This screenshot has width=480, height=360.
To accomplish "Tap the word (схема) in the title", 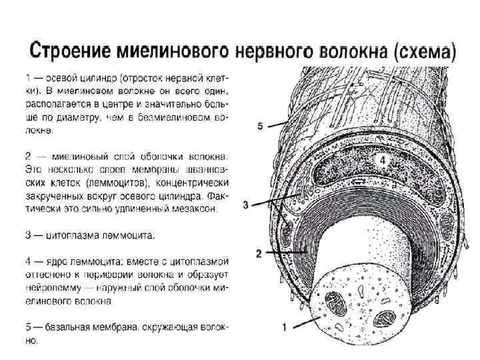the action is pyautogui.click(x=424, y=51).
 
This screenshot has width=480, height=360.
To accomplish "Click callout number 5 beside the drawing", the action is pyautogui.click(x=262, y=125).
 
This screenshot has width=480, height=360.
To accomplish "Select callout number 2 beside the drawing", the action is pyautogui.click(x=259, y=254).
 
